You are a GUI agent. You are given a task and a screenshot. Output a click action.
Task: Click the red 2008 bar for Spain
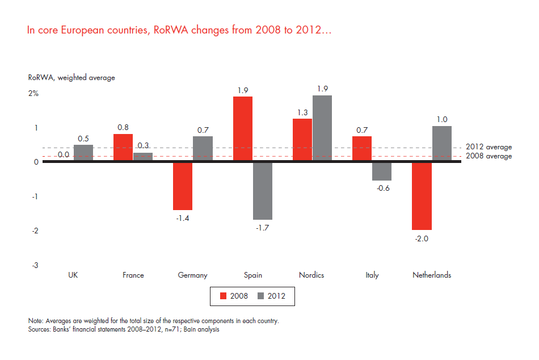coord(243,129)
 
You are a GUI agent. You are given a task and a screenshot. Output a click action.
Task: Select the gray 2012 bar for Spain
coord(263,191)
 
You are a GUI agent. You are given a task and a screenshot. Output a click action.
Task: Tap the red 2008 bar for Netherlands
coord(422,196)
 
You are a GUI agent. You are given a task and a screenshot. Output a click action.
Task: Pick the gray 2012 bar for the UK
coord(83,153)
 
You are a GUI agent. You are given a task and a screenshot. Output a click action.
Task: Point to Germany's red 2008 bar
coord(183,186)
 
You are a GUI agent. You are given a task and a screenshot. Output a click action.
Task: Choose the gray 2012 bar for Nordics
coord(322,128)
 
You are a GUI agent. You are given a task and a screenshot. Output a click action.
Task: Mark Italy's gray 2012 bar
coord(382,171)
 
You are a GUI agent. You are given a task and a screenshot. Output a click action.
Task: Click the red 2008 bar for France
coord(123,148)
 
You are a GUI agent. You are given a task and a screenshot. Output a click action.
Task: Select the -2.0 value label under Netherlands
coord(422,238)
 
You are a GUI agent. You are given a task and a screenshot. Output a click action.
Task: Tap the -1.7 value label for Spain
coord(262,229)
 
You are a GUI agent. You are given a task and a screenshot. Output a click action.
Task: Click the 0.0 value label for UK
coord(64,154)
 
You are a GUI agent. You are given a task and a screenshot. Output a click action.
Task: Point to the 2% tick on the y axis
coord(33,94)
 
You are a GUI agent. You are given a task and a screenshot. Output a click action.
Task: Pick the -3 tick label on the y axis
coord(35,265)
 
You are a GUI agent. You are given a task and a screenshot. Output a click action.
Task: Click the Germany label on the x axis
coord(192,275)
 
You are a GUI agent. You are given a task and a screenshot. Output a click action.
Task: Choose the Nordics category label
coord(311,275)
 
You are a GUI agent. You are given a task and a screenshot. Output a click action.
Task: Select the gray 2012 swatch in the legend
coord(262,296)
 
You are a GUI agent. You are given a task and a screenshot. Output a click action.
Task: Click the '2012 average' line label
coord(489,147)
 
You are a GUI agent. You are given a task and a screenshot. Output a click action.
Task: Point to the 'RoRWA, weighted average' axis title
coord(71,78)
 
